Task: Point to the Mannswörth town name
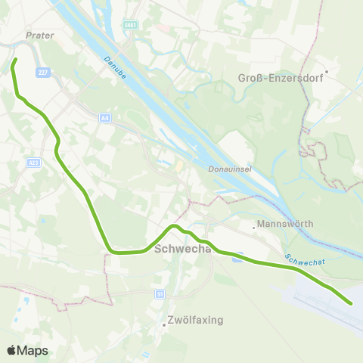(285, 224)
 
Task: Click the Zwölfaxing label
(196, 320)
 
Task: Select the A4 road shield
(104, 117)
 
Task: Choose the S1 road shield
(160, 293)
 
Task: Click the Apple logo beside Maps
(11, 350)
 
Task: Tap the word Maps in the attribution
(33, 350)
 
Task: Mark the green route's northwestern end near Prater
(15, 59)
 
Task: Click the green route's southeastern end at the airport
(352, 303)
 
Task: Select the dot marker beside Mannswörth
(254, 225)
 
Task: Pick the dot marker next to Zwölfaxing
(164, 325)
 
